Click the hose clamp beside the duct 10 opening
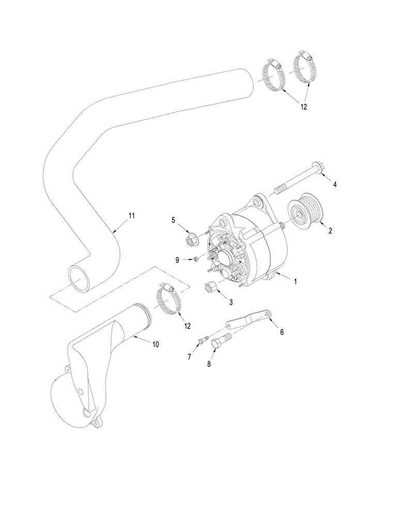click(x=169, y=301)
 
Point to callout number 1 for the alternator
click(x=295, y=282)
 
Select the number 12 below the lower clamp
click(x=187, y=326)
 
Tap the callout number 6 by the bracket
click(x=282, y=332)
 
